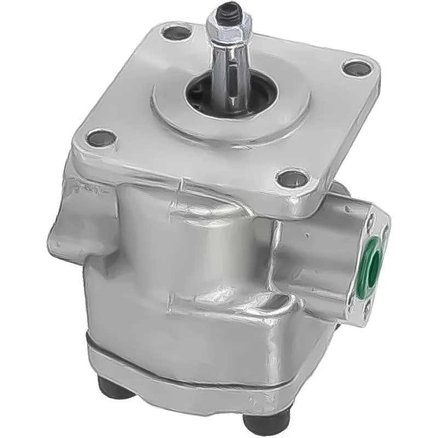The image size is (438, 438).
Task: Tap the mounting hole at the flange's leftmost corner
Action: (101, 137)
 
